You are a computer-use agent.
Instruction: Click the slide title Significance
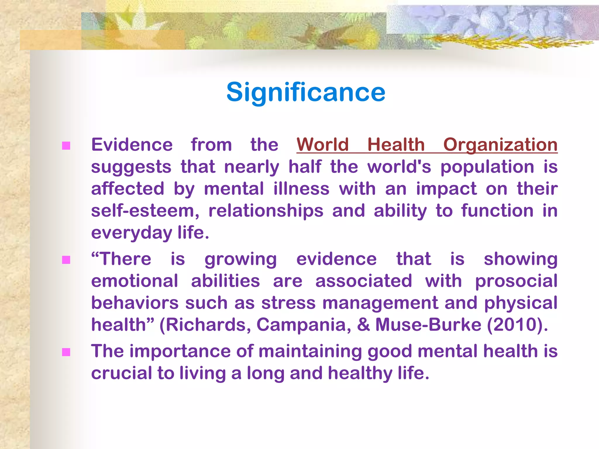coord(306,92)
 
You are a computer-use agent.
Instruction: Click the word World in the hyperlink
coord(323,145)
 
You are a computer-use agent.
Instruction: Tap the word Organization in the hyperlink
coord(500,145)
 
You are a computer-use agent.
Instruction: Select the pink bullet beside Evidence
coord(66,146)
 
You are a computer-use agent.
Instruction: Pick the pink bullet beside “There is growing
coord(66,260)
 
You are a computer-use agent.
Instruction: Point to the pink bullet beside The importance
coord(66,352)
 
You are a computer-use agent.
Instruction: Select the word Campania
coord(304,325)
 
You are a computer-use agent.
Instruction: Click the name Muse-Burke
coord(428,325)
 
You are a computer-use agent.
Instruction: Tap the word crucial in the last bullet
coord(121,373)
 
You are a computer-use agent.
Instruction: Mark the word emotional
coord(135,281)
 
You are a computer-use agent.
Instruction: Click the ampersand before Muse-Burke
coord(363,325)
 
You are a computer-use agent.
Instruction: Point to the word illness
coord(301,189)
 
